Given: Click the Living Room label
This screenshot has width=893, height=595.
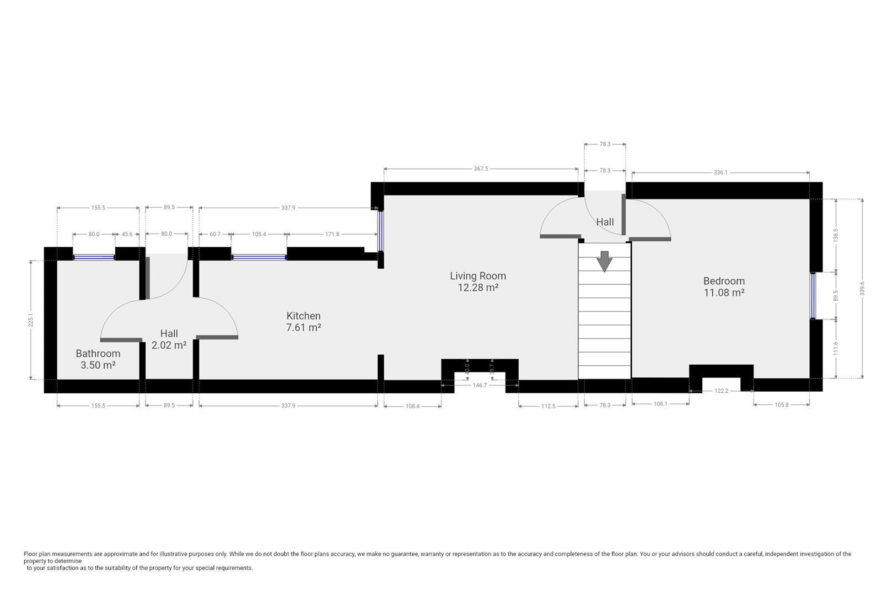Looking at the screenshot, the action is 477,276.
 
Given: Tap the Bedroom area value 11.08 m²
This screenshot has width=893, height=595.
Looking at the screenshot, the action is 724,293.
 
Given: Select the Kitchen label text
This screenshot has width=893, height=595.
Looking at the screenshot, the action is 303,316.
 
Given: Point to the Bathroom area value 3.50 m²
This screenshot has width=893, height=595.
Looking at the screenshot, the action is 98,365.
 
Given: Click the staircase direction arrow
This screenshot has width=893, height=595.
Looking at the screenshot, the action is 604,262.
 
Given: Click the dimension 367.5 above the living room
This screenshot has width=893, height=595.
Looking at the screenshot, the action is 481,169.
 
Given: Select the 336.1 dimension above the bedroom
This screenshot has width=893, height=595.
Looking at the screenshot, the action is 720,172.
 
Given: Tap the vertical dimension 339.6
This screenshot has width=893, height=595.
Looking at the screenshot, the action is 862,289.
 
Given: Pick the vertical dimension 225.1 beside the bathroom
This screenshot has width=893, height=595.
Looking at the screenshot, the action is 31,320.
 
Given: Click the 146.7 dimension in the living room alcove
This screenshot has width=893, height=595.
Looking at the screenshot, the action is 480,385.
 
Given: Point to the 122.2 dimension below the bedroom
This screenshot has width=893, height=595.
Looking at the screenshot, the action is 721,391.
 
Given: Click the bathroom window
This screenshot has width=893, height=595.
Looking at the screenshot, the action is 94,257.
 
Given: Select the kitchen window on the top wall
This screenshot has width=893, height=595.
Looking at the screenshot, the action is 259,257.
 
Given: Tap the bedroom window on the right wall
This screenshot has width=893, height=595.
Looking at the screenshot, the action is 813,296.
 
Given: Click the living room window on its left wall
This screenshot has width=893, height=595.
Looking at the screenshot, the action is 380,231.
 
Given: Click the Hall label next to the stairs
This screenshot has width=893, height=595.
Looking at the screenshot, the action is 605,222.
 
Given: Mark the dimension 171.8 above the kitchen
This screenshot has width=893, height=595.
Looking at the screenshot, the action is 332,234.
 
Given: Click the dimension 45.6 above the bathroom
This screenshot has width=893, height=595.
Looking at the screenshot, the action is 127,234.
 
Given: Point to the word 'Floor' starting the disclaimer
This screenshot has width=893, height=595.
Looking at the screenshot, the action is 30,554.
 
